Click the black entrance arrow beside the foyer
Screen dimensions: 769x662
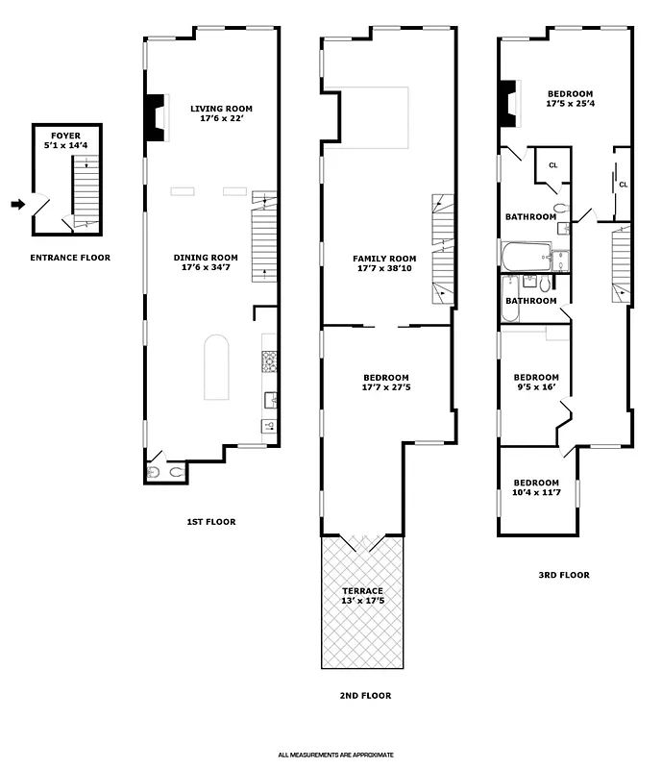[x=17, y=204]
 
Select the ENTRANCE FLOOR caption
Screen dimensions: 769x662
[x=70, y=258]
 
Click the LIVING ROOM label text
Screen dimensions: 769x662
[x=222, y=109]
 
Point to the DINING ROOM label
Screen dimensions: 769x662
[x=206, y=258]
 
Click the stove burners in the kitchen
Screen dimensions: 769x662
[x=269, y=361]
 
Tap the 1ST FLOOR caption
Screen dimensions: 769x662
[x=210, y=522]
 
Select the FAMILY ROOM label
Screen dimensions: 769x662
[x=384, y=259]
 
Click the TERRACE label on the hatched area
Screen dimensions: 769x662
[x=363, y=591]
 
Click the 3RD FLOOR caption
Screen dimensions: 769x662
[x=564, y=575]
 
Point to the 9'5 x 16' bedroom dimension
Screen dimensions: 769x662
[x=536, y=388]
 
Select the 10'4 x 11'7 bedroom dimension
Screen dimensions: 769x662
[x=536, y=493]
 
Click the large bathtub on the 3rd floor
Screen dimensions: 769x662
[x=525, y=257]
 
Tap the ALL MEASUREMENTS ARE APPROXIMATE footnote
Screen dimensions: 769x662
[x=336, y=756]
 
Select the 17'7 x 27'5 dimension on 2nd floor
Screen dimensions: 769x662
[x=386, y=388]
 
